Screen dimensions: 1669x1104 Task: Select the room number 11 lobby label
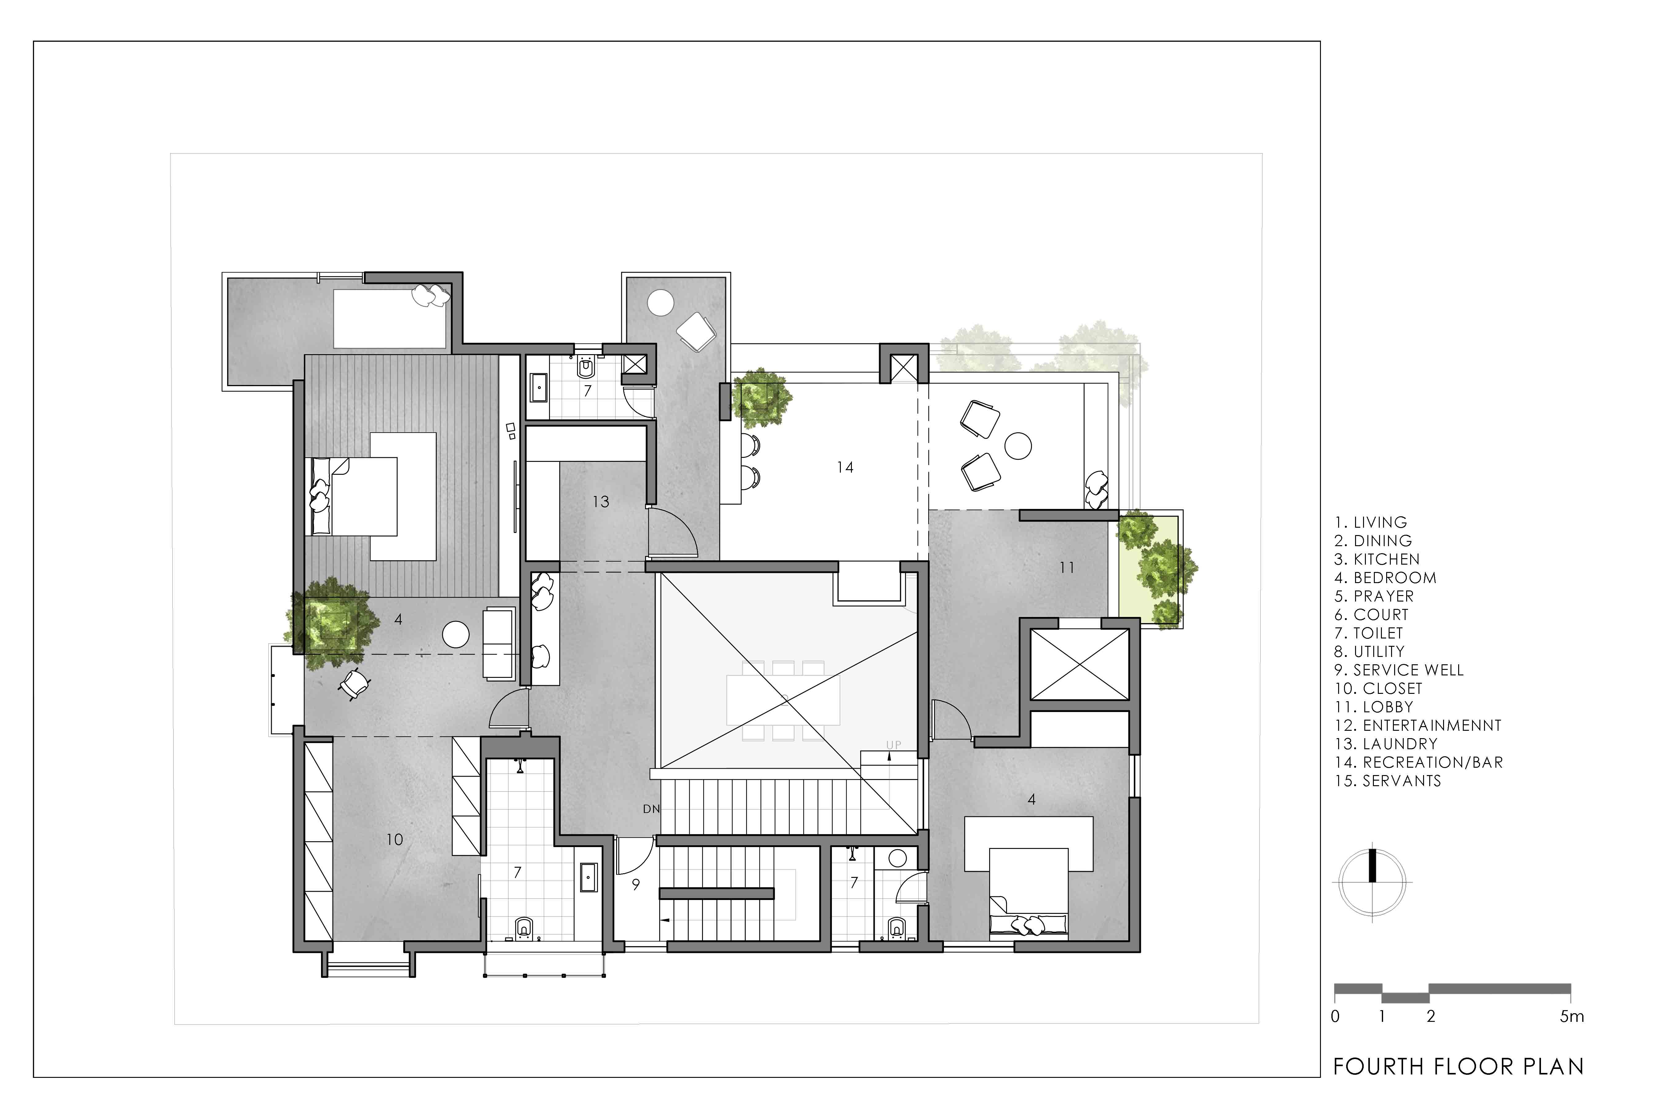point(1067,567)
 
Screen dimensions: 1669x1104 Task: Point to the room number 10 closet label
point(394,839)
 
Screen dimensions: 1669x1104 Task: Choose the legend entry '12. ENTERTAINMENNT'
point(1418,725)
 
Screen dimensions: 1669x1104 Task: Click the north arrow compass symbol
point(1372,882)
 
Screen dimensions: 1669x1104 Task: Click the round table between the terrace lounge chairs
point(1017,446)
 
